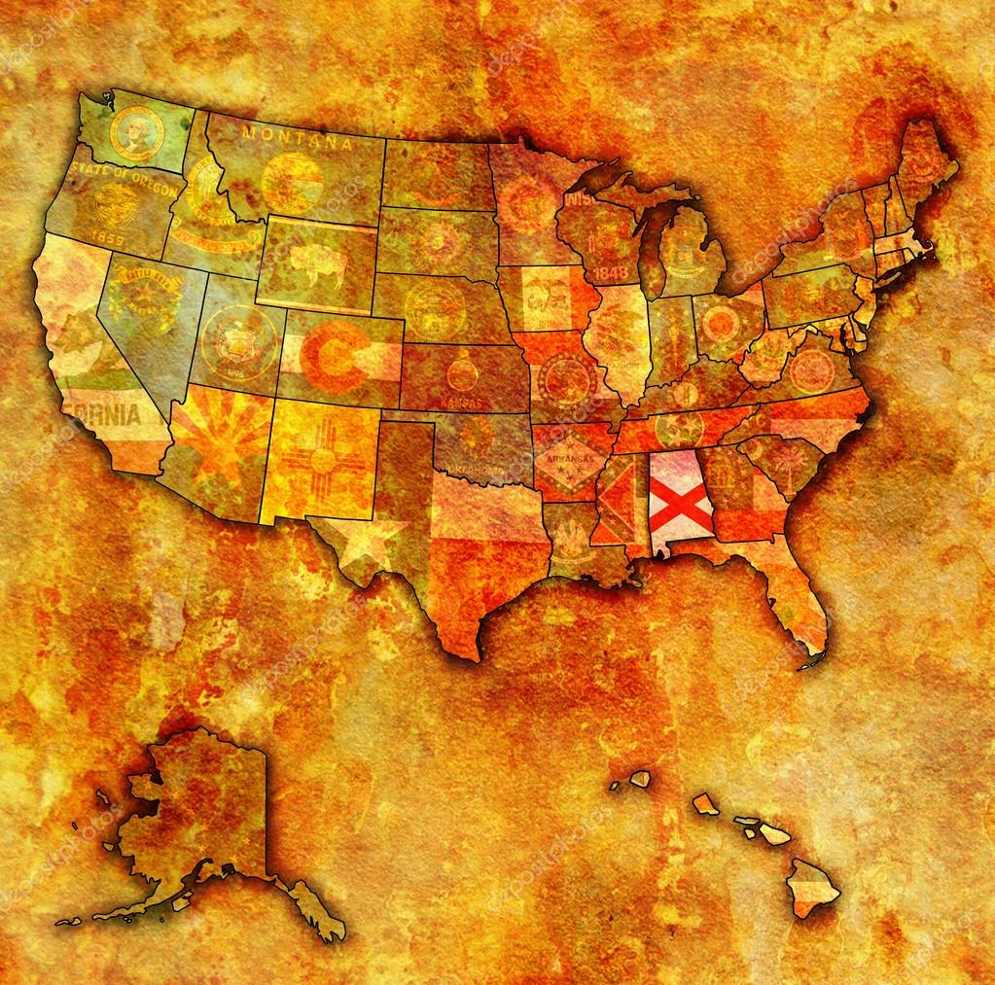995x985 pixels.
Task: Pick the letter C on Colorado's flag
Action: pyautogui.click(x=334, y=357)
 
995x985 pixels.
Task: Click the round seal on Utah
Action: pyautogui.click(x=234, y=341)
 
